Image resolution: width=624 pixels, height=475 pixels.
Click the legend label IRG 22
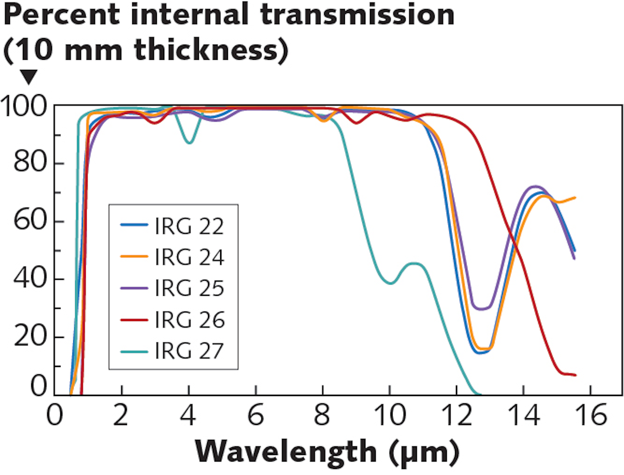189,226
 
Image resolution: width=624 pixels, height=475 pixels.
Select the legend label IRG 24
189,257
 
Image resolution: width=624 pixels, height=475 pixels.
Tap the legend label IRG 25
189,288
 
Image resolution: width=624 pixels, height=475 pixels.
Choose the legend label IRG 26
189,320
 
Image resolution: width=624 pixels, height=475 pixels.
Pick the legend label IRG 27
189,351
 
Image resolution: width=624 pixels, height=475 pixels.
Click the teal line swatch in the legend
134,351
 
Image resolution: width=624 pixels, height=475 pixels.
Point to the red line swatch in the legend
134,320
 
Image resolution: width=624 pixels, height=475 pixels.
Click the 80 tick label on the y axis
29,163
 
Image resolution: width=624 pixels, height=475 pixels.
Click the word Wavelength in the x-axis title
286,452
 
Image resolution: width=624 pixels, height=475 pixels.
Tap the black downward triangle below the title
29,77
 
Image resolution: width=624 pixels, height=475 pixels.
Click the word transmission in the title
357,15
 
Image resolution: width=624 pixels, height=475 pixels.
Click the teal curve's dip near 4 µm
189,142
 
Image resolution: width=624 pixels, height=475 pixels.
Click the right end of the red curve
575,375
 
